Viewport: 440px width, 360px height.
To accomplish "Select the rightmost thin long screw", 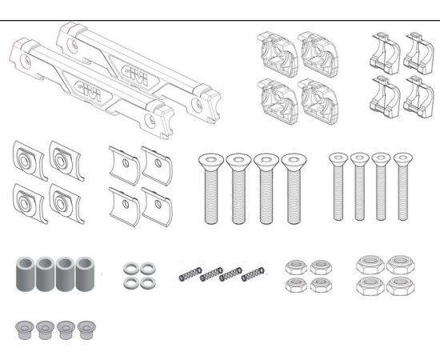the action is (402, 186).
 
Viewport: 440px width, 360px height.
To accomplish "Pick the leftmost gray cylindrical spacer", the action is (26, 274).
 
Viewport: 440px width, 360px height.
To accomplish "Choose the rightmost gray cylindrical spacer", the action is (85, 274).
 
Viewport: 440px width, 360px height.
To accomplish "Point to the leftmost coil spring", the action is (190, 274).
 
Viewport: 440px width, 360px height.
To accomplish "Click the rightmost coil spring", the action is (253, 274).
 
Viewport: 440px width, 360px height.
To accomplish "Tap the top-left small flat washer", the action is (131, 269).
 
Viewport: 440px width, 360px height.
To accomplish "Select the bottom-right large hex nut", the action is (400, 286).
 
